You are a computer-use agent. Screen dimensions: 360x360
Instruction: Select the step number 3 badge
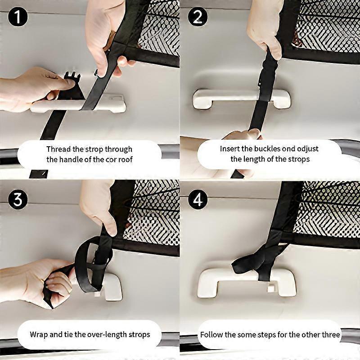click(18, 198)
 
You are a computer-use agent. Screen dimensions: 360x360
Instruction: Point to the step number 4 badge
click(198, 198)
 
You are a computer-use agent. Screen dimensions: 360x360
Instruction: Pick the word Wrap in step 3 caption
click(38, 334)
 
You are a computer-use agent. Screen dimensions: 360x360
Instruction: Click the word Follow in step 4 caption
click(211, 334)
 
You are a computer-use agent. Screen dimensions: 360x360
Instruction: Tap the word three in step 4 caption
click(330, 334)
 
